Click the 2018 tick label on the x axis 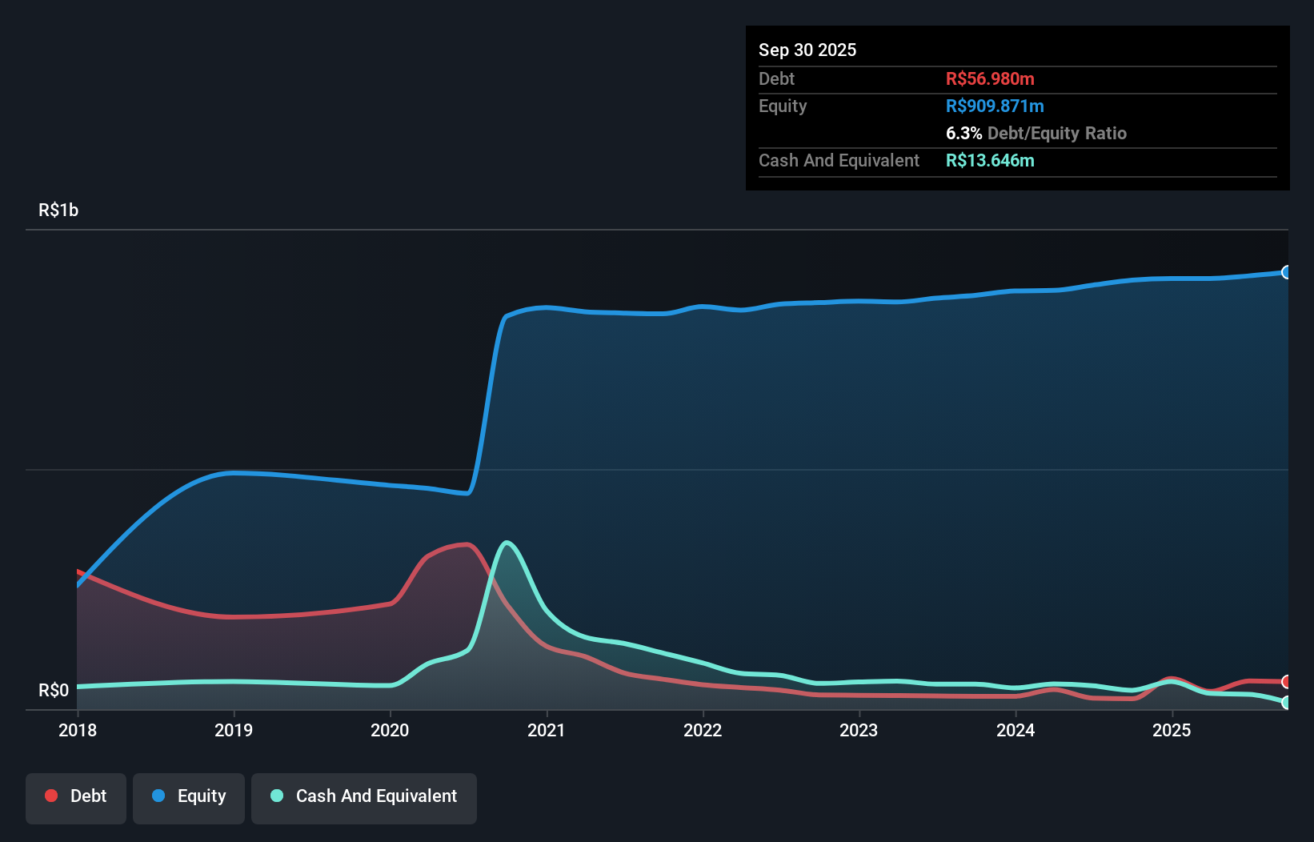[x=78, y=730]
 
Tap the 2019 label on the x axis [x=234, y=730]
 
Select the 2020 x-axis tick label [x=390, y=730]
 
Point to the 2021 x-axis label [x=547, y=730]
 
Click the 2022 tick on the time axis [x=703, y=730]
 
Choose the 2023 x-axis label [x=859, y=730]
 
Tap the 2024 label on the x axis [x=1016, y=730]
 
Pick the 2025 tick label [x=1172, y=730]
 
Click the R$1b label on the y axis [x=58, y=210]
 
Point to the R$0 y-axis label [x=54, y=690]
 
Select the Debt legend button [x=76, y=796]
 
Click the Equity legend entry [x=189, y=796]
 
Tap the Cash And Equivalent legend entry [x=364, y=796]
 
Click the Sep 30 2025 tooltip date [x=807, y=50]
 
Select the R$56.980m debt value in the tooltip [x=990, y=78]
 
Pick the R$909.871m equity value [x=995, y=106]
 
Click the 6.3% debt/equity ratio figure [x=963, y=133]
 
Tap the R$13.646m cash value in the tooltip [x=990, y=160]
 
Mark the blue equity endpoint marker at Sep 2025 [x=1286, y=272]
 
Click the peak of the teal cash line [x=507, y=543]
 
